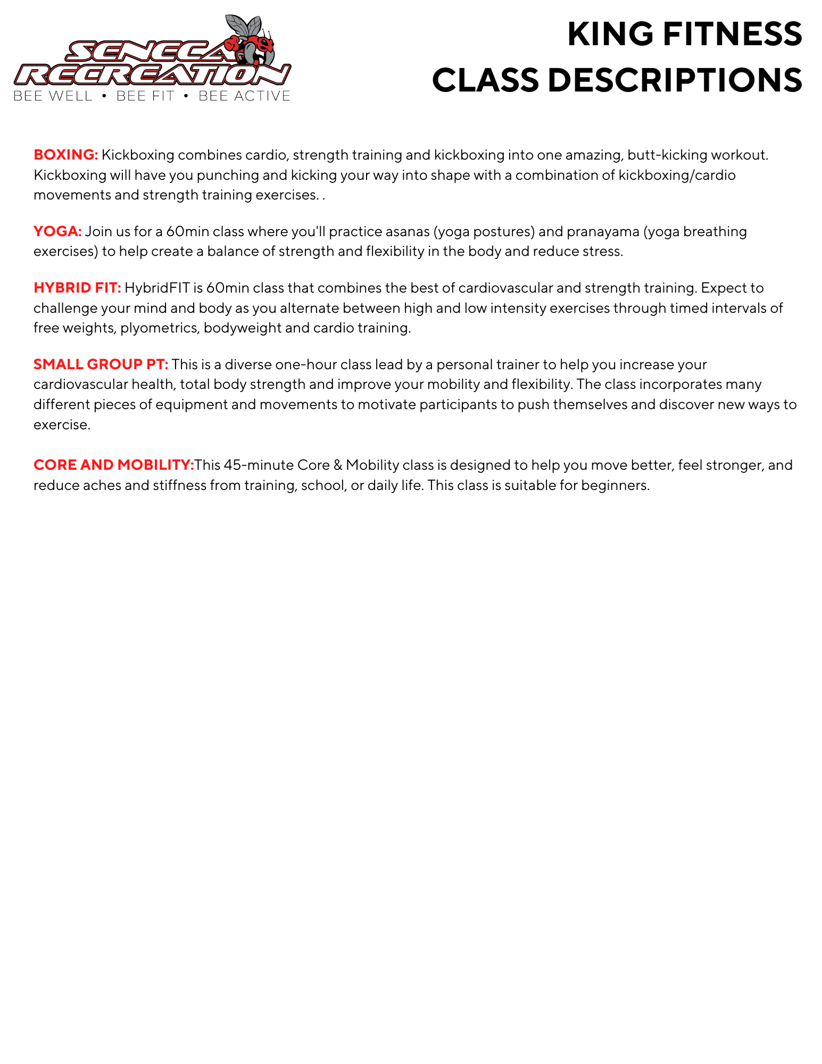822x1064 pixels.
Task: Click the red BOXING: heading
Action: click(x=65, y=155)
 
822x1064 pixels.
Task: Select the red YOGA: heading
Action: click(x=57, y=231)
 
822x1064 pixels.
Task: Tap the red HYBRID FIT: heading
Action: click(x=77, y=288)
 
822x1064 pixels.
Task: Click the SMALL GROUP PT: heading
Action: click(x=101, y=364)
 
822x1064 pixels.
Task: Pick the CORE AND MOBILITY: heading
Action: click(x=113, y=465)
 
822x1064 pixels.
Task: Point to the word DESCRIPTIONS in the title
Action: click(x=675, y=80)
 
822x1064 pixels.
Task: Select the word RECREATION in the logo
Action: click(x=152, y=75)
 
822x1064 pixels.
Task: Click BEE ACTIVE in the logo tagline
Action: click(x=244, y=96)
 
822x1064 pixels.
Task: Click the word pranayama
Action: click(x=603, y=231)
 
